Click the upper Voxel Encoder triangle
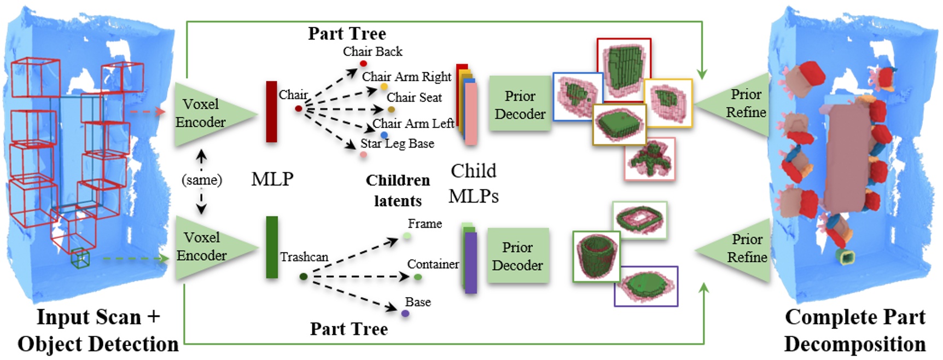(x=205, y=114)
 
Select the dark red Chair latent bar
(x=271, y=112)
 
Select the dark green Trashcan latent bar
(x=272, y=247)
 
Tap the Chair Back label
(x=372, y=51)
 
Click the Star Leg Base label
(x=397, y=144)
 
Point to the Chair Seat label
(x=414, y=97)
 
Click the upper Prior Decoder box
(x=520, y=104)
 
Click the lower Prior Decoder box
(x=517, y=256)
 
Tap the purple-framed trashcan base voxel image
(x=646, y=286)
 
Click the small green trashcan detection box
(x=80, y=258)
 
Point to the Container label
(x=433, y=264)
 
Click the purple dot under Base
(x=405, y=313)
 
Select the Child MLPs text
(x=473, y=183)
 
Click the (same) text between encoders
(x=202, y=180)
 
